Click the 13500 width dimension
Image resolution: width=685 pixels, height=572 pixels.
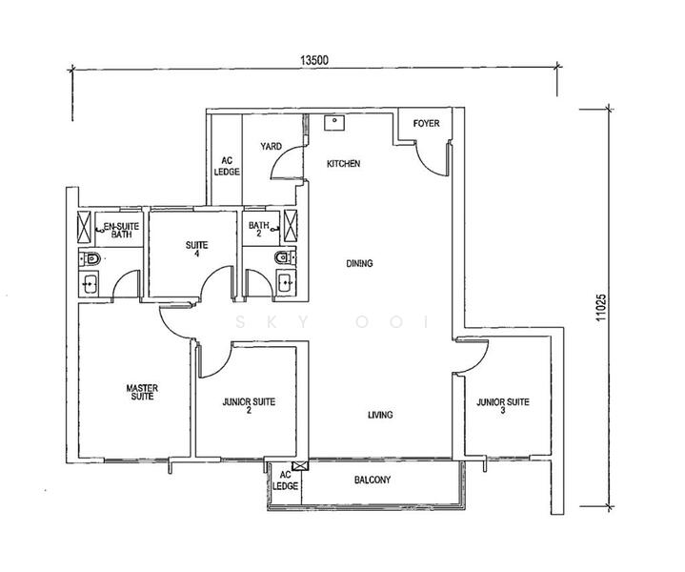tap(314, 60)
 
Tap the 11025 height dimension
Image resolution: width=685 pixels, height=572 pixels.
tap(601, 308)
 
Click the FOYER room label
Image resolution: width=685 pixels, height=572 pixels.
tap(427, 124)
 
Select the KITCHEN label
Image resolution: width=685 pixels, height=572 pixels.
tap(344, 164)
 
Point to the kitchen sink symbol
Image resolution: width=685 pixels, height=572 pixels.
tap(334, 123)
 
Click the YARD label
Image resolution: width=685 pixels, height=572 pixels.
tap(272, 146)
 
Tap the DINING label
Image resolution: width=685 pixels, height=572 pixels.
tap(359, 263)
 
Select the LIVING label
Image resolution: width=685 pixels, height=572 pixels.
tap(380, 415)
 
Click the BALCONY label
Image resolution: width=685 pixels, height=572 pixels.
tap(373, 480)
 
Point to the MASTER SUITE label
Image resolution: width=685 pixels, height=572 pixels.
tap(142, 392)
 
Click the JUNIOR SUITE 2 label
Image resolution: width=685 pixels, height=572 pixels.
tap(249, 406)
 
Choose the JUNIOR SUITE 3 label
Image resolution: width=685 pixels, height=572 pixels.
tap(503, 406)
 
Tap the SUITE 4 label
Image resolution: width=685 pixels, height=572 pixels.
tap(196, 249)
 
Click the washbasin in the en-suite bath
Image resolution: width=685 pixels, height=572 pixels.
tap(90, 283)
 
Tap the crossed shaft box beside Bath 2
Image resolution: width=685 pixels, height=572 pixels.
tap(290, 226)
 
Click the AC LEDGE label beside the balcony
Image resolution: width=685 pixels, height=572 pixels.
tap(285, 480)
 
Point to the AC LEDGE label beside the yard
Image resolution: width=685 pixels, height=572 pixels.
tap(227, 167)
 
